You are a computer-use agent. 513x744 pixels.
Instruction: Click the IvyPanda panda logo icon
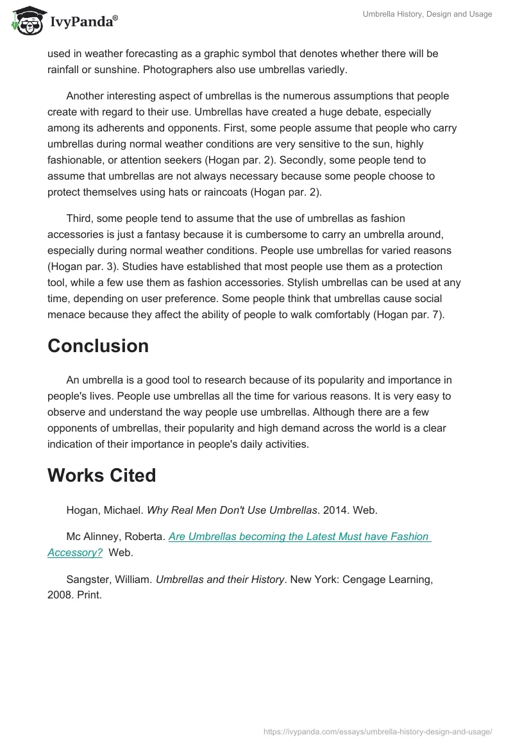[26, 21]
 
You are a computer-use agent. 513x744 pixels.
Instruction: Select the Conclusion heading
[97, 346]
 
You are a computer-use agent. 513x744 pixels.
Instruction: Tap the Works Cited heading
[101, 475]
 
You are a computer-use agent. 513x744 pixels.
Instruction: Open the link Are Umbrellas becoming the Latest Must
[299, 537]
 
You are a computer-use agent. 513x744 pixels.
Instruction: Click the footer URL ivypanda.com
[378, 731]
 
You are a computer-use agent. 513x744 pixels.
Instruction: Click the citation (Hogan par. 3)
[86, 266]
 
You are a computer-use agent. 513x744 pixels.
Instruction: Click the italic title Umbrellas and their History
[220, 580]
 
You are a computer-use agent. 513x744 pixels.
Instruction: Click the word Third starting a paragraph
[80, 219]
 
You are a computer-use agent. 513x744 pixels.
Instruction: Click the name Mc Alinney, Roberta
[115, 537]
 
